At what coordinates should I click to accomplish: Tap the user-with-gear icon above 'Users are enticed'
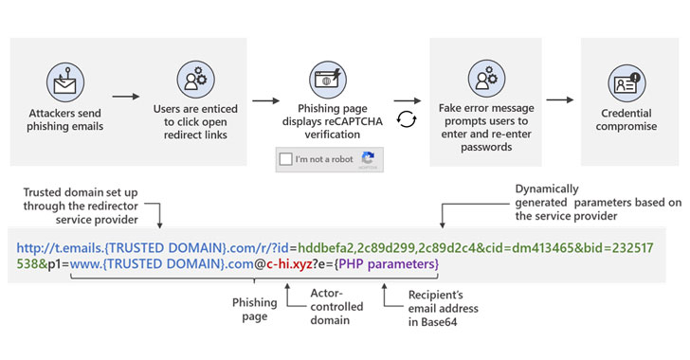coord(194,80)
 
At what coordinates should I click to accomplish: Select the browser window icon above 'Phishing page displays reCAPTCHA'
coord(329,79)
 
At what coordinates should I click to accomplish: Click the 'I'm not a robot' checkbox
coord(284,159)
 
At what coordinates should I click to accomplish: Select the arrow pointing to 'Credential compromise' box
coord(561,98)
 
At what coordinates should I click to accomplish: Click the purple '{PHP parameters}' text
coord(390,261)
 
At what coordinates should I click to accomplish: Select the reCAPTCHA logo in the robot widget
coord(368,158)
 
